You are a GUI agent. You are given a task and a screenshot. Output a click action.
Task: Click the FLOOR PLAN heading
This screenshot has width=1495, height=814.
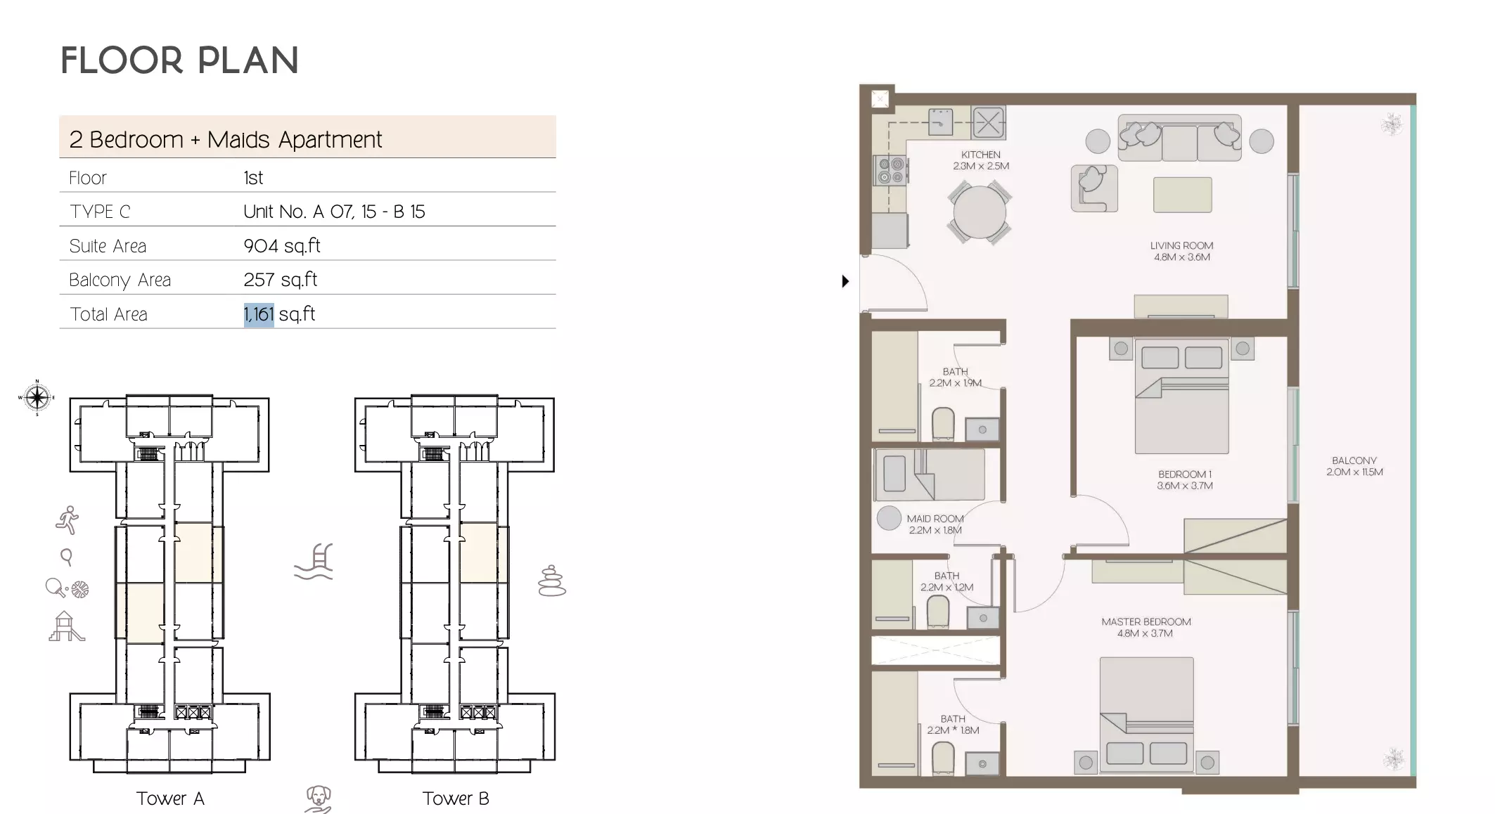coord(180,60)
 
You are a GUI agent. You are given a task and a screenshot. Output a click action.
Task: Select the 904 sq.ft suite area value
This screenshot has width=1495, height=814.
coord(282,246)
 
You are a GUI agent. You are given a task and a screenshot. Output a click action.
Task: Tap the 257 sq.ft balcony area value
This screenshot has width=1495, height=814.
coord(280,280)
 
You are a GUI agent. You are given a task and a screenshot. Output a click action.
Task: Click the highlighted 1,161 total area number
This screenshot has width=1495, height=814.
coord(258,314)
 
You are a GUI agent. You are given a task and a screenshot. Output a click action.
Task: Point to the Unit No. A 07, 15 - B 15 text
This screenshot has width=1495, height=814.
coord(334,212)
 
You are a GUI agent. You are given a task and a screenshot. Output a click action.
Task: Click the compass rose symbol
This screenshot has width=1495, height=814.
coord(37,398)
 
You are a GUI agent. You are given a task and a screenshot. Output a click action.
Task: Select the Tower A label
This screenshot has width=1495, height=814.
coord(170,799)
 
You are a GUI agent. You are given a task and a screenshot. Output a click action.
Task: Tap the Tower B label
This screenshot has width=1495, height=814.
coord(456,799)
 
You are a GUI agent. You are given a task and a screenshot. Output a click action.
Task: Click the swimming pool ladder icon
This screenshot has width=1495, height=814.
coord(314,562)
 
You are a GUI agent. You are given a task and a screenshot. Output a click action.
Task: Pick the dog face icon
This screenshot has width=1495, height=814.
coord(318,799)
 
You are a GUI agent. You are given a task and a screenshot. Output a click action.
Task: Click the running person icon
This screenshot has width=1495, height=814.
coord(68,520)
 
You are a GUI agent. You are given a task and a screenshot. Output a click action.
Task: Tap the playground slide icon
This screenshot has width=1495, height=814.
coord(66,626)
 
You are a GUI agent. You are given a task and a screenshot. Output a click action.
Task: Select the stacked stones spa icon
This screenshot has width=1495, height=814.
coord(552,581)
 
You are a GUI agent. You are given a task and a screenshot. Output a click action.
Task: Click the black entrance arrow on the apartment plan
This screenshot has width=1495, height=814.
coord(845,281)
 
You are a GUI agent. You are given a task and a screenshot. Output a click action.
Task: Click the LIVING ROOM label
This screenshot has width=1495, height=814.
coord(1181,246)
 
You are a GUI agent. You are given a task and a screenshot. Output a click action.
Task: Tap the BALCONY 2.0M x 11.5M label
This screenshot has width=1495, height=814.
coord(1354,466)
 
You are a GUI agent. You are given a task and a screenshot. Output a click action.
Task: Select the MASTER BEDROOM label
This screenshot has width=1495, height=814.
coord(1146,622)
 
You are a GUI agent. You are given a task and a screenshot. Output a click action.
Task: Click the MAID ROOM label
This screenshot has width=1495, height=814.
coord(935,519)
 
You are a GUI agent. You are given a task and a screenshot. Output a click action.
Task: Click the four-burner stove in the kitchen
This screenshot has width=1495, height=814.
coord(890,170)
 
